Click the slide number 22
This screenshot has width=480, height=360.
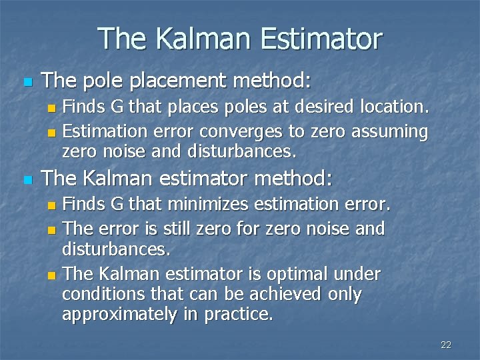(446, 345)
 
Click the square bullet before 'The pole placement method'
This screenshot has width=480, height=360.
(27, 83)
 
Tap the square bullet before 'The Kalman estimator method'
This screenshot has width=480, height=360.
(27, 179)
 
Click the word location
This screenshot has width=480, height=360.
(395, 107)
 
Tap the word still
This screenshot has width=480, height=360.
(205, 228)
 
